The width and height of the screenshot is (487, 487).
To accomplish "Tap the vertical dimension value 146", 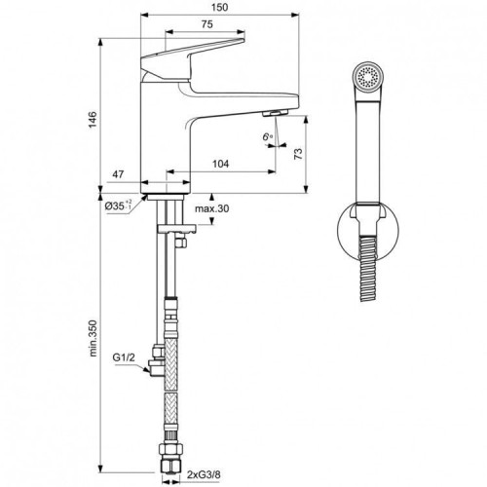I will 93,119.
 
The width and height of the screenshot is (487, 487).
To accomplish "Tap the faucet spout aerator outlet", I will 276,114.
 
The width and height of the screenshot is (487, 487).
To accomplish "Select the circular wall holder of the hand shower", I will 366,235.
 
